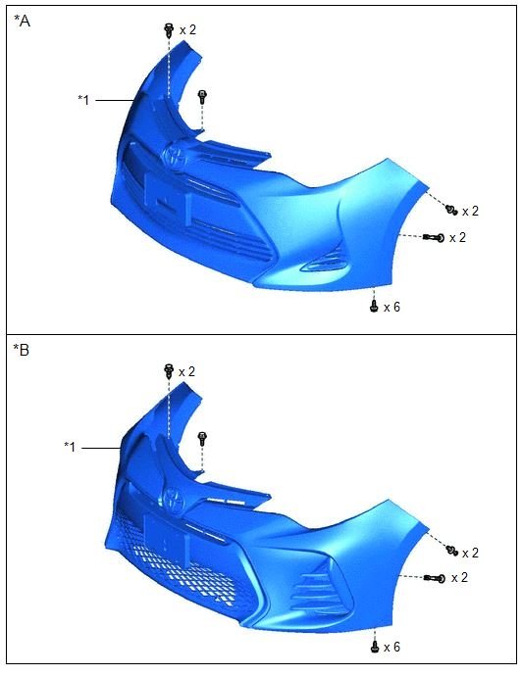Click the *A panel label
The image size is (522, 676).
[x=22, y=21]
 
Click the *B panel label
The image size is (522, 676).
[x=22, y=350]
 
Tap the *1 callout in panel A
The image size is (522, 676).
[x=83, y=100]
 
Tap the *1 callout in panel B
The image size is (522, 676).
[x=70, y=447]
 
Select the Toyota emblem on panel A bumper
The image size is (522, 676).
[x=176, y=156]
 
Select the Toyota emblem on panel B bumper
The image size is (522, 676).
[x=175, y=500]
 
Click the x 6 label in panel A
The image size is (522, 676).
[x=392, y=307]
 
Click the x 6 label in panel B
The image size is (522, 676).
[x=392, y=647]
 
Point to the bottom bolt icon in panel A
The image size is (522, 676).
[x=374, y=306]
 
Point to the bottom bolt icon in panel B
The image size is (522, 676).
[x=375, y=647]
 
